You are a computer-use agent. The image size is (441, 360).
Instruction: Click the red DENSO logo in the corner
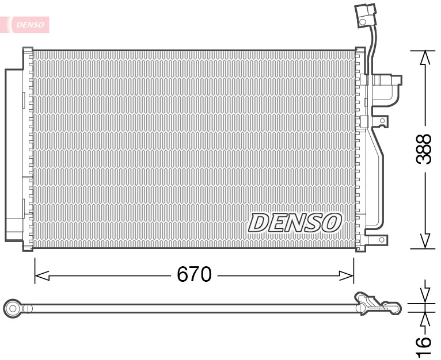[x=29, y=24]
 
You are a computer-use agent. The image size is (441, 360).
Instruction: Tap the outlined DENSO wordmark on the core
[x=295, y=223]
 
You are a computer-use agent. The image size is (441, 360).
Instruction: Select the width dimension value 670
[x=194, y=275]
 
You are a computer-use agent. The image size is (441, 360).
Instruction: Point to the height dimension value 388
[x=424, y=149]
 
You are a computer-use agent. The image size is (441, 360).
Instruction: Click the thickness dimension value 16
[x=424, y=343]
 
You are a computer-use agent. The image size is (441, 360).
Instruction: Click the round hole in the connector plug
[x=364, y=21]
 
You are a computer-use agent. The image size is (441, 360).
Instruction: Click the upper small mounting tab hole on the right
[x=381, y=121]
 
